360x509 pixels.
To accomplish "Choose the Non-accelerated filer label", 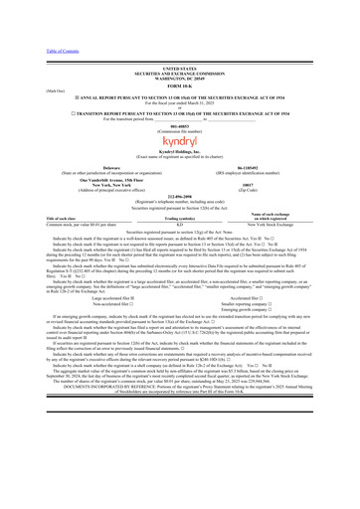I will (x=101, y=331).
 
